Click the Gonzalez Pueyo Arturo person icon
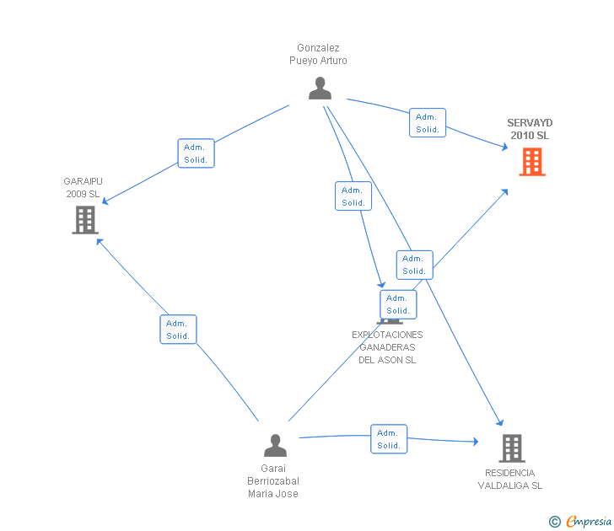tap(320, 88)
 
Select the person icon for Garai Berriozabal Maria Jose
tap(275, 445)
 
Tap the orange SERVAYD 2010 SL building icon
tap(531, 161)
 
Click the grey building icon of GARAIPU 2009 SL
tap(84, 219)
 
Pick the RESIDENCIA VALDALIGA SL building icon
tap(511, 448)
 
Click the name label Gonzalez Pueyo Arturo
tap(318, 55)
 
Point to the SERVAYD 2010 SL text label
tap(529, 129)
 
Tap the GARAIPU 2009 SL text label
tap(82, 187)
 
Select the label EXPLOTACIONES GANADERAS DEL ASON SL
tap(387, 347)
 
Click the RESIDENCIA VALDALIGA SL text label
tap(510, 479)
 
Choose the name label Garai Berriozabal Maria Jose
tap(273, 481)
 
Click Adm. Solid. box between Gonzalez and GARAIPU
tap(196, 153)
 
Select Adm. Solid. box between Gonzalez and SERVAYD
tap(428, 123)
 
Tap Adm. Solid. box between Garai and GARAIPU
tap(178, 330)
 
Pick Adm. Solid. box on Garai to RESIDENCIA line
tap(389, 439)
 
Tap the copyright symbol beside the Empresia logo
tap(554, 522)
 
